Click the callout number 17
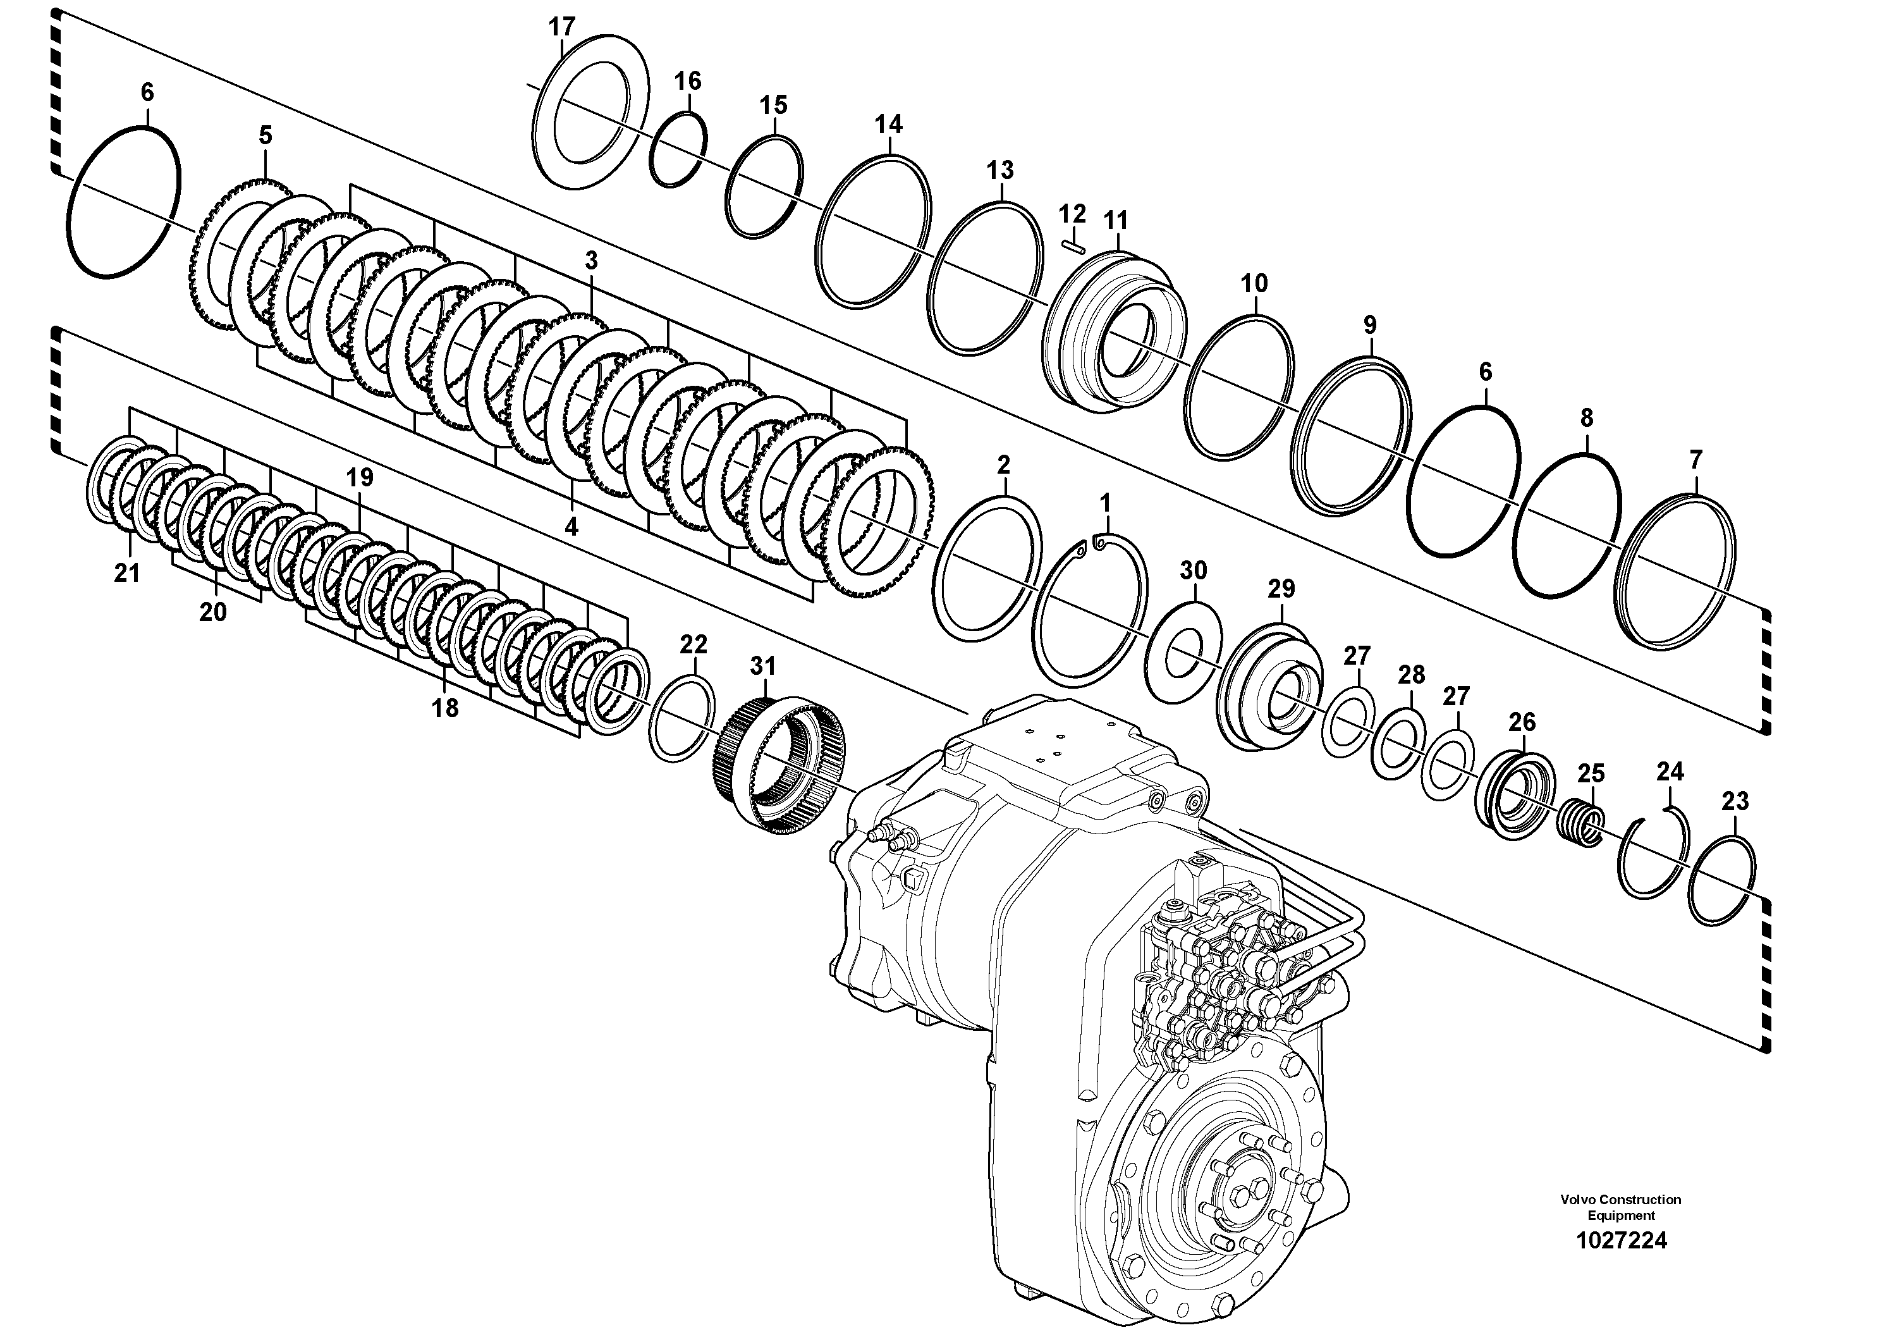pyautogui.click(x=562, y=27)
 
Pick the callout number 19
pyautogui.click(x=359, y=477)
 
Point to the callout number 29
pyautogui.click(x=1281, y=589)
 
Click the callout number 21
pyautogui.click(x=127, y=573)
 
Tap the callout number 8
pyautogui.click(x=1587, y=417)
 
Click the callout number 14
pyautogui.click(x=889, y=125)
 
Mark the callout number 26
pyautogui.click(x=1522, y=722)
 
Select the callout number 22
pyautogui.click(x=694, y=644)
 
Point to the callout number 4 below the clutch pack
pyautogui.click(x=571, y=526)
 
